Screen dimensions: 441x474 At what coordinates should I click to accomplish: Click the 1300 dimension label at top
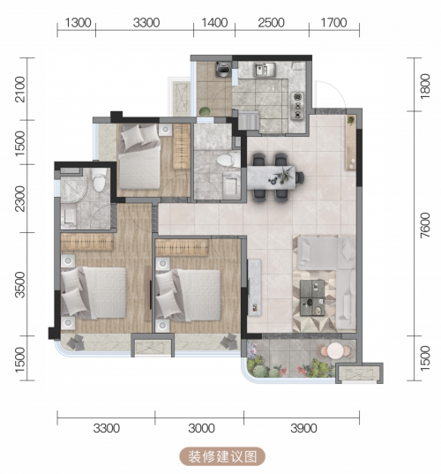coord(78,23)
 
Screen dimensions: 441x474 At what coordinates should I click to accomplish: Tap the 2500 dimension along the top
coord(272,23)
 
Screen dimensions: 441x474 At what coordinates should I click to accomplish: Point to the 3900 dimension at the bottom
coord(303,428)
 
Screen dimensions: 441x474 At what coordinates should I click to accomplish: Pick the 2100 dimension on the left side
coord(20,89)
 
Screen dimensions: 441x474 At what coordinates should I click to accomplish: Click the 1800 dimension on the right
coord(425,87)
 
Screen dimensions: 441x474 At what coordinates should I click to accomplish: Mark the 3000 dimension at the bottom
coord(201,428)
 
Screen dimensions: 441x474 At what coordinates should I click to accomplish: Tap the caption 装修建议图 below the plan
coord(222,456)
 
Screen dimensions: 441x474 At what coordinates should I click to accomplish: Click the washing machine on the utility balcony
coord(223,69)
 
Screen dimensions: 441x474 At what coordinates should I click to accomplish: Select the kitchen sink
coord(265,70)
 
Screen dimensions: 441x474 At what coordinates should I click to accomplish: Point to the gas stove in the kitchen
coord(297,106)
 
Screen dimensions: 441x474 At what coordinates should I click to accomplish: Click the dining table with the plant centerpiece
coord(271,177)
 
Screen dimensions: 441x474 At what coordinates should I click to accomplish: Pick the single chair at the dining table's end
coord(300,177)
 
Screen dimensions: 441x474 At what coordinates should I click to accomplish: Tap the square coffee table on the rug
coord(312,297)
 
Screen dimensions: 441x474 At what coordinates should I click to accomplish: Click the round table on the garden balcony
coord(335,350)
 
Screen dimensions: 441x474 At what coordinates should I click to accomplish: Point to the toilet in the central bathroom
coord(228,160)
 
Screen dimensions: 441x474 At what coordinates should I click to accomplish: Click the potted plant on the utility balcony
coord(205,111)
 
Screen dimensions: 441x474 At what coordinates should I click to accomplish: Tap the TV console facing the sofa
coord(254,287)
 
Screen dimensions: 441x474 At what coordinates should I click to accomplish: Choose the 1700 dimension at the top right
coord(333,23)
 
